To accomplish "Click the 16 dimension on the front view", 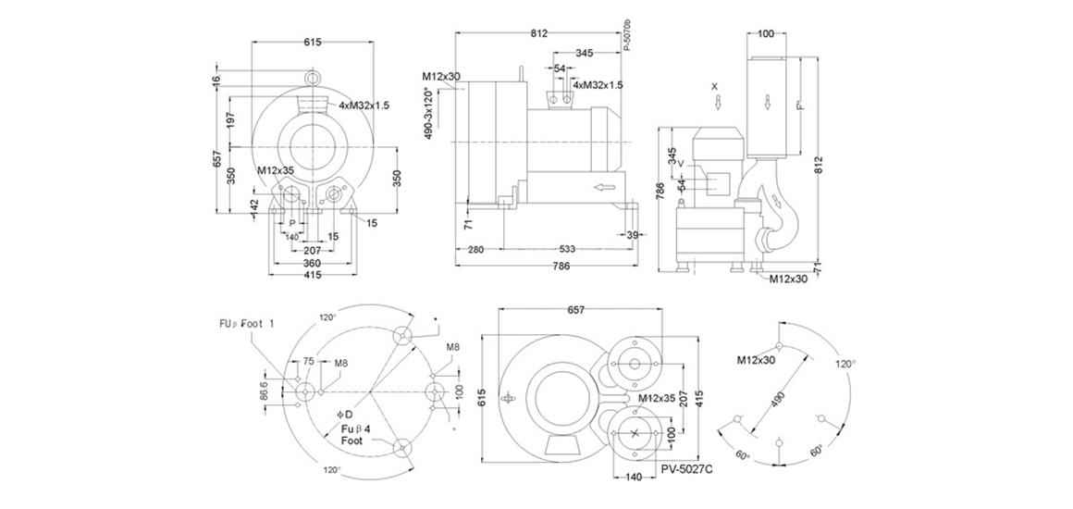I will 216,81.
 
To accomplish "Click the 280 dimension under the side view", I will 477,249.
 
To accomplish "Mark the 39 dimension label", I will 633,235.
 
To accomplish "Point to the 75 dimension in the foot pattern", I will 309,362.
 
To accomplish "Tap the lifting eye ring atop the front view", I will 313,74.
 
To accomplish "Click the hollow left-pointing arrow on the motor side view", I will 604,189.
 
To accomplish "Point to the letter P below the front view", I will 292,223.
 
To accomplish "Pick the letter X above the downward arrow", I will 715,85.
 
